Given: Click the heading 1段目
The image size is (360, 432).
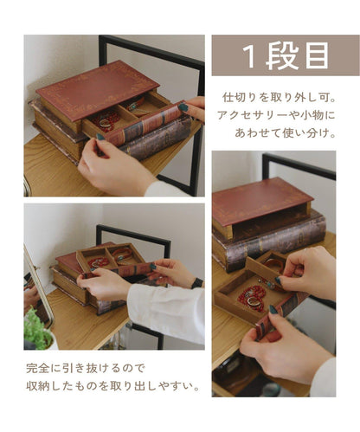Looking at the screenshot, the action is point(286,56).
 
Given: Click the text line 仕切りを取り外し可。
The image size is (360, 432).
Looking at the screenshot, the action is point(280,98).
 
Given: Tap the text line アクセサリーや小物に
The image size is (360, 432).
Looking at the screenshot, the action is point(276,115).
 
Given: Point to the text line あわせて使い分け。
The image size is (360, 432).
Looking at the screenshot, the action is point(286,133).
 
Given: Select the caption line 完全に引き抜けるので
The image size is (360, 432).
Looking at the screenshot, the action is point(86,368).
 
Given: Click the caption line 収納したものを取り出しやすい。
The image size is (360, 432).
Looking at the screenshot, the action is point(113,386).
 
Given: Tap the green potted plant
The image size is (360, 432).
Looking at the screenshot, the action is point(37,329).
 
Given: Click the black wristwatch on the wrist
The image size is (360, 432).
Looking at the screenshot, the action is point(197,283).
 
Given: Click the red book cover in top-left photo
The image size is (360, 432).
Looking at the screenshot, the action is point(98,89).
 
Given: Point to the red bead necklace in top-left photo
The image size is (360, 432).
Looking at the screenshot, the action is point(106,119).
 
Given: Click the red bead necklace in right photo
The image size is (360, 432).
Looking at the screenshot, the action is point(252,297).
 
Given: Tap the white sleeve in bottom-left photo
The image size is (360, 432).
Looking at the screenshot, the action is point(167,311).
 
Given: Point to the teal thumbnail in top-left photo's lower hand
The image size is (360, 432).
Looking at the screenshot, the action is point(100,137).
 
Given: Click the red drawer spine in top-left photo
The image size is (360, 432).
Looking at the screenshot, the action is point(145,124).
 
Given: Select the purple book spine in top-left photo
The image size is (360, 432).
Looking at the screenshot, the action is point(157,138).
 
